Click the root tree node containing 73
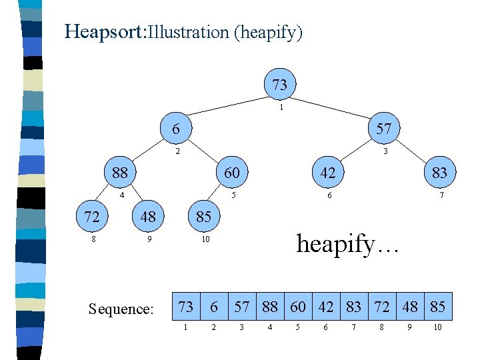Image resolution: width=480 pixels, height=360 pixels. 280,85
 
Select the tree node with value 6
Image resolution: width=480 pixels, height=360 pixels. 176,128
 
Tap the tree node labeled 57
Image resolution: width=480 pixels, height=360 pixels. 383,129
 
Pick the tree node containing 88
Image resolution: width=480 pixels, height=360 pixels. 120,173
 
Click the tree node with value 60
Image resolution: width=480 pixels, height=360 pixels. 232,173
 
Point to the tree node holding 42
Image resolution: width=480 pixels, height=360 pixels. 327,173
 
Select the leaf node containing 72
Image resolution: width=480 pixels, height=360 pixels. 92,217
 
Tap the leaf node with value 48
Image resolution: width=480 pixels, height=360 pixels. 148,217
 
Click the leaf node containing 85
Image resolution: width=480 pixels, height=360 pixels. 203,217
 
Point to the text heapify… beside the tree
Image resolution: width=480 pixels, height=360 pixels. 347,243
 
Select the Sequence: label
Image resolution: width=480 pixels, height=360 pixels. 121,309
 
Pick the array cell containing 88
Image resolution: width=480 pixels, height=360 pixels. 270,307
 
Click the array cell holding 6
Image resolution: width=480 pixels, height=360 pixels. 214,307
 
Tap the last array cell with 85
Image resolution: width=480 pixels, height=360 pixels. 438,307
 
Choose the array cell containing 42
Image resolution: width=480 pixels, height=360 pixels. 326,307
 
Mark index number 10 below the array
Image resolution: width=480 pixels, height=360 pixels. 437,327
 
